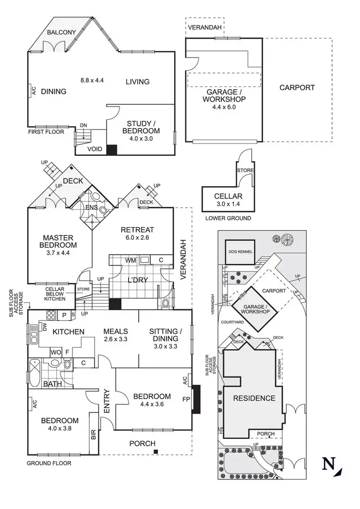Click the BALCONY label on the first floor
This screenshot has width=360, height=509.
click(61, 33)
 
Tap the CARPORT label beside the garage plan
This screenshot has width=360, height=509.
click(297, 88)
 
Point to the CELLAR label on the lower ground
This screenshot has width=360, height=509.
click(228, 196)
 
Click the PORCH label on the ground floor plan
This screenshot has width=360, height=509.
click(143, 443)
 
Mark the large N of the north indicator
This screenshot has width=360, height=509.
click(328, 464)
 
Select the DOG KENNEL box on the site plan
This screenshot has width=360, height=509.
click(240, 251)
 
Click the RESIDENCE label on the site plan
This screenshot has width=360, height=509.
click(254, 398)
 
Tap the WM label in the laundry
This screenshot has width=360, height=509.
click(131, 260)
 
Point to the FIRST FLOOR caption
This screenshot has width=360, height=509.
click(46, 131)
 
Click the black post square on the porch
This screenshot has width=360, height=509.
click(156, 452)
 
